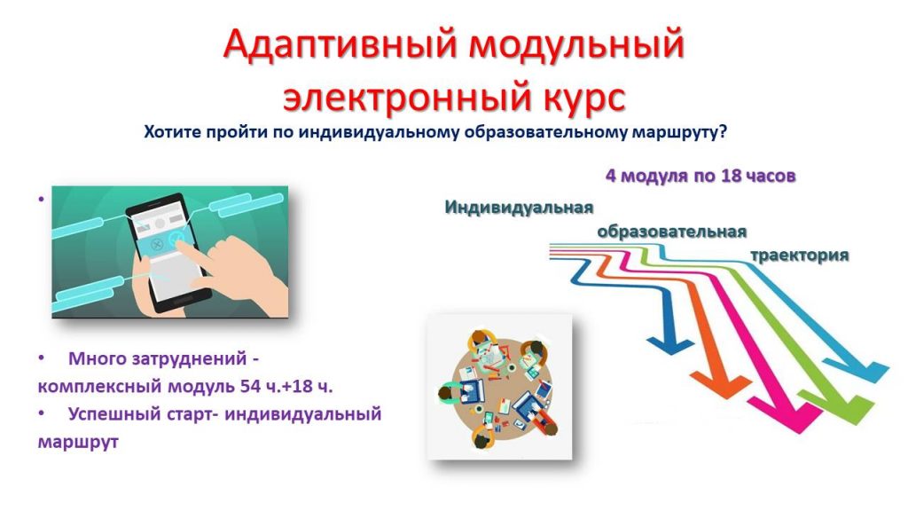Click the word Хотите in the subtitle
[173, 132]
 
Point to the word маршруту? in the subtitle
[678, 133]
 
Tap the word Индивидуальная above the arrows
[519, 208]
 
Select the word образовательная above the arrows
[672, 232]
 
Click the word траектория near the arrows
[800, 255]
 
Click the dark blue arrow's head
[670, 345]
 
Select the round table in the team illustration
[499, 389]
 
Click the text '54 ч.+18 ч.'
[286, 386]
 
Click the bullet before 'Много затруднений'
[41, 358]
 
